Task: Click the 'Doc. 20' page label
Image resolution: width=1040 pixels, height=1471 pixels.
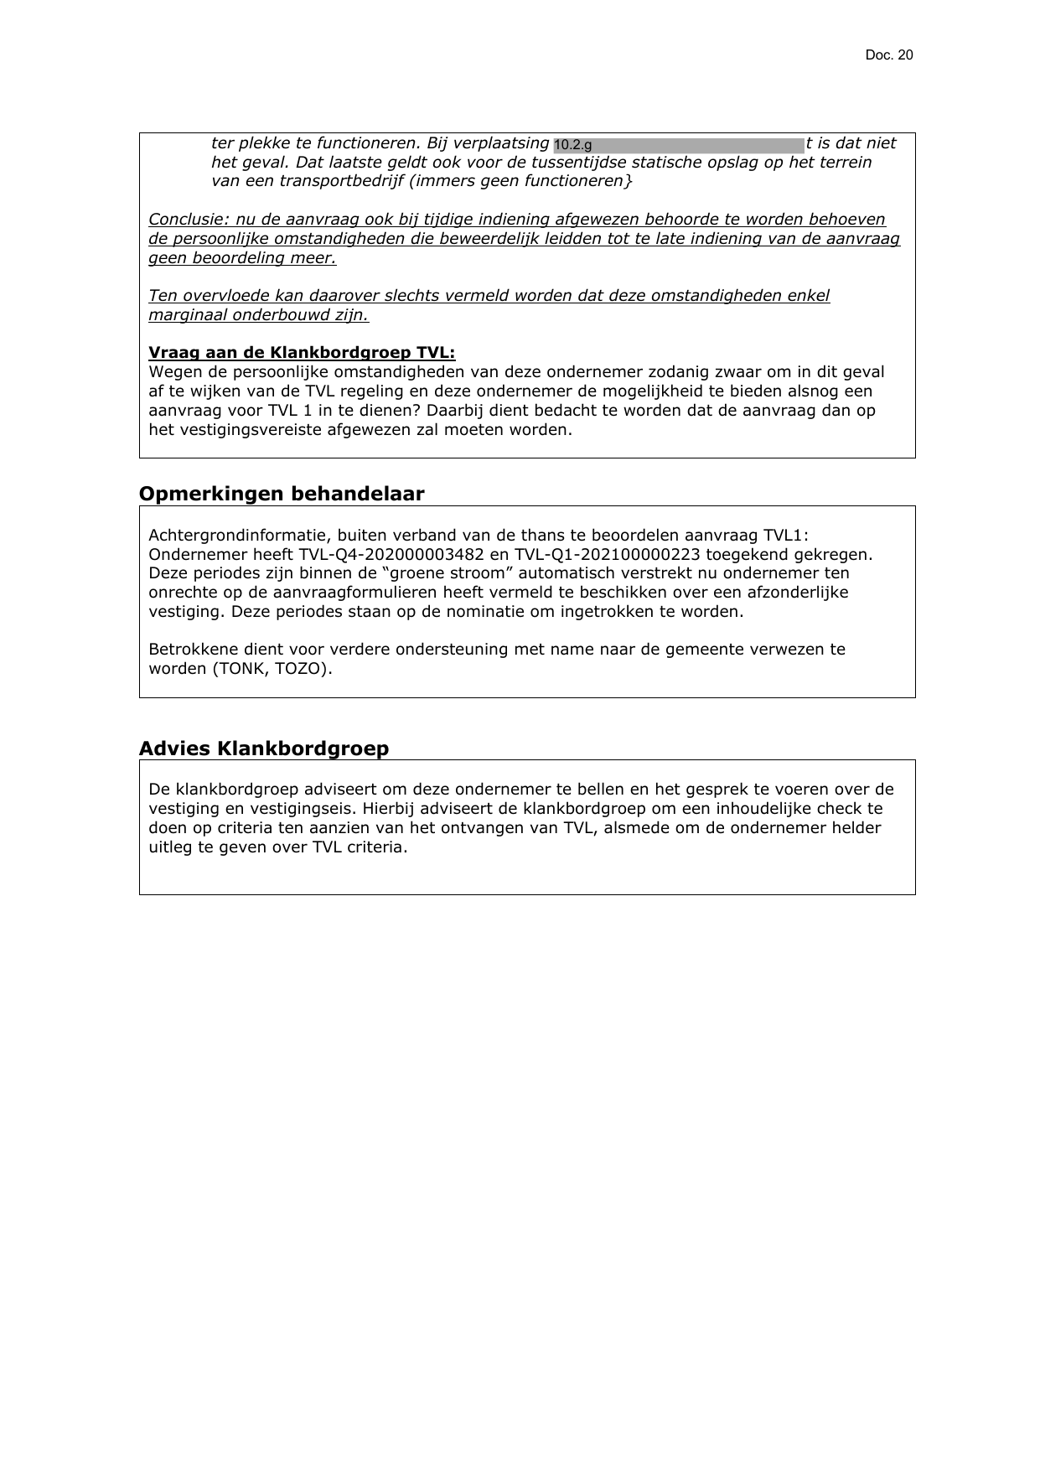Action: (x=888, y=55)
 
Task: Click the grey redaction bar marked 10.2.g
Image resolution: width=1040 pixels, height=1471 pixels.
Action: (x=678, y=145)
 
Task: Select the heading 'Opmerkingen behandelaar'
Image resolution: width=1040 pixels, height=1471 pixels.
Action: (x=282, y=494)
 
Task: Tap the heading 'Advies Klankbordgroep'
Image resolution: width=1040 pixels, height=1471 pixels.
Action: (x=264, y=748)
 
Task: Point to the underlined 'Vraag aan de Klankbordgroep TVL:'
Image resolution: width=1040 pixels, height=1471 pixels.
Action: (x=302, y=353)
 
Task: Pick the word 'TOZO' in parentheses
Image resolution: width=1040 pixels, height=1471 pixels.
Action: (x=300, y=669)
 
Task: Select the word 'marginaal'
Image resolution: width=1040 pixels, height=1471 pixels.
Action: (x=185, y=315)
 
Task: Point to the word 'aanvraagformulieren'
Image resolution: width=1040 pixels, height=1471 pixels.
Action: (x=290, y=593)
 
